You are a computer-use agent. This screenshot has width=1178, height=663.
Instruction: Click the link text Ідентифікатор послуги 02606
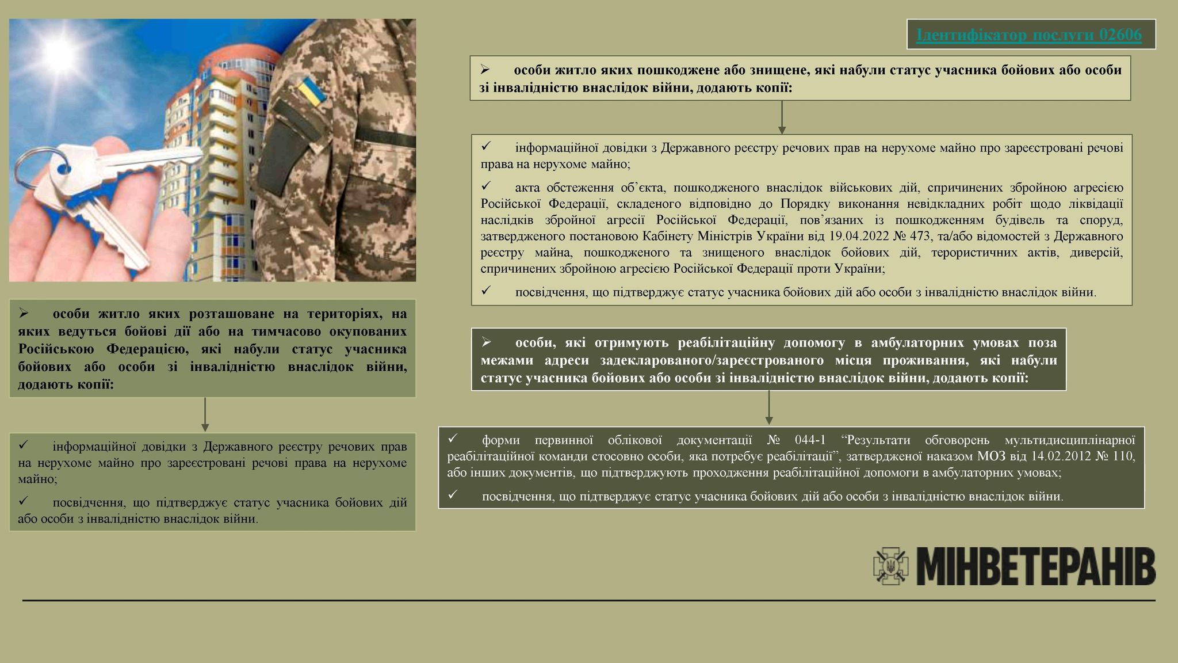click(x=1029, y=35)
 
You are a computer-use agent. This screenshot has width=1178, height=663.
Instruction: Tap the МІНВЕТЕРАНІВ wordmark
click(x=1035, y=567)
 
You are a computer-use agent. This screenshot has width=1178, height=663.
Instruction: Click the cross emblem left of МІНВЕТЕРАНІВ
click(x=892, y=567)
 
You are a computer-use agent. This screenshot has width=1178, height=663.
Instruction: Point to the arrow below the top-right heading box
click(x=782, y=117)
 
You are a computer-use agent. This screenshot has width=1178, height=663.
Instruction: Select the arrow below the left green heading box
click(x=205, y=414)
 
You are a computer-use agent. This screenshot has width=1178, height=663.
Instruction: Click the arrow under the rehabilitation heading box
click(x=769, y=408)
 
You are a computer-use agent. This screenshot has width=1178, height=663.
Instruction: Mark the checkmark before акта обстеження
click(x=485, y=186)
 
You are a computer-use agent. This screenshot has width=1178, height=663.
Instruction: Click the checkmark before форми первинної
click(x=452, y=439)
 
